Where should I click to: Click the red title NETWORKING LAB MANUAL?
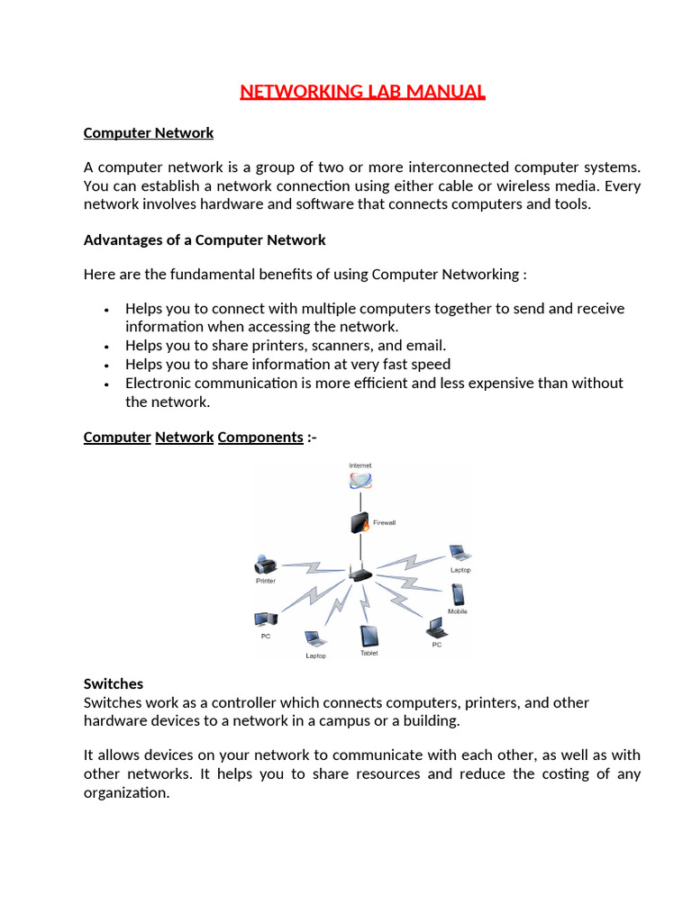click(363, 92)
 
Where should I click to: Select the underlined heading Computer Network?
click(149, 133)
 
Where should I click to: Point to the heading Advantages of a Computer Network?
click(205, 240)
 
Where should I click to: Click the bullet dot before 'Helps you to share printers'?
click(107, 347)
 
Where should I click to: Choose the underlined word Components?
click(260, 438)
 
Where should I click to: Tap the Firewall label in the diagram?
click(385, 522)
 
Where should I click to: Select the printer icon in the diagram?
click(265, 565)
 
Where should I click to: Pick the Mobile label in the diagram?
click(458, 612)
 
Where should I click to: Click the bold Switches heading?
click(114, 684)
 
